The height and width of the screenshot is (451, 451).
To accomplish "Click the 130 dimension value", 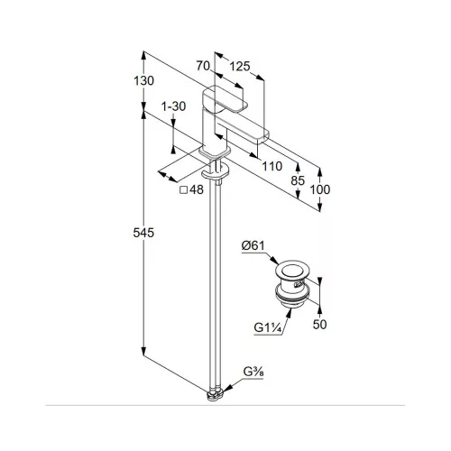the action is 143,80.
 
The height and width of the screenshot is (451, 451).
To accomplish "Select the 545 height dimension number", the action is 143,233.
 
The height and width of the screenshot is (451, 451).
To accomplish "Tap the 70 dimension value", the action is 203,66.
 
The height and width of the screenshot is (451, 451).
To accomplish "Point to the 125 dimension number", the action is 240,66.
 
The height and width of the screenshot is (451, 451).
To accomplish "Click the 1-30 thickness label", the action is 174,106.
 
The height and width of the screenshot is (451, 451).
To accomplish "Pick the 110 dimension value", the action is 272,166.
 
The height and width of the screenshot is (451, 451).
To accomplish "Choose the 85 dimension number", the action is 298,180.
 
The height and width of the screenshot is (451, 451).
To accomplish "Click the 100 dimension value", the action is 320,189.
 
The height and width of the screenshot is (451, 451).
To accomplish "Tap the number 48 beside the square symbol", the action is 197,189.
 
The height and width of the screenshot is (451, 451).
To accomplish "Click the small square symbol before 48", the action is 183,190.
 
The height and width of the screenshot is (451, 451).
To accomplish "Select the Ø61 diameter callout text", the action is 253,245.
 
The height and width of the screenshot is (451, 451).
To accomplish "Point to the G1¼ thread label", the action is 268,327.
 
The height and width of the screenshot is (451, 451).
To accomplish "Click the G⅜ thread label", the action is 253,373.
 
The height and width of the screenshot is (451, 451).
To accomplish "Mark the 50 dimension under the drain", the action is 319,324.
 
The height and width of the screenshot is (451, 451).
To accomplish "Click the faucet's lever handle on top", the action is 225,98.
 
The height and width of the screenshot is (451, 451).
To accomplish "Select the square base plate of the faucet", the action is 215,152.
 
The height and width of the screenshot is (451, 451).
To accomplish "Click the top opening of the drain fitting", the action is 291,270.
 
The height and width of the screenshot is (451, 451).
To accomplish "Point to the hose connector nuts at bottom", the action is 216,394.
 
